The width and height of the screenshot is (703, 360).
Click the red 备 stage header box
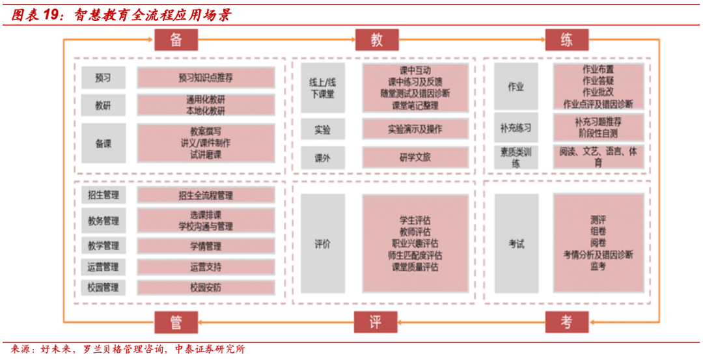click(176, 40)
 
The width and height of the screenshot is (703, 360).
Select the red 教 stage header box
click(376, 40)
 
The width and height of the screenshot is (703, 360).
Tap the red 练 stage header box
click(567, 40)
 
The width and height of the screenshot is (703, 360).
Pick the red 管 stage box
click(176, 322)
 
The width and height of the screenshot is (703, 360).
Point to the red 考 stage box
click(567, 322)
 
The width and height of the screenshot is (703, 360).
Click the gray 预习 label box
click(103, 78)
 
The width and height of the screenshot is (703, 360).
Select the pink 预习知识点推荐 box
click(206, 78)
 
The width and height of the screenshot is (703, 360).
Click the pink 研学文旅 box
click(415, 157)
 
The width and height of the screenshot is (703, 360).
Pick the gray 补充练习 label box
click(516, 128)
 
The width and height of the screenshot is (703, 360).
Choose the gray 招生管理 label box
click(103, 195)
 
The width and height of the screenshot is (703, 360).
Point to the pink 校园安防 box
click(206, 286)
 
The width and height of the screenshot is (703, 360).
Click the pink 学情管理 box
click(206, 246)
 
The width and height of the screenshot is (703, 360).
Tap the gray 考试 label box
click(516, 244)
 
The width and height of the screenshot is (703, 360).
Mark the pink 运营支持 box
click(206, 267)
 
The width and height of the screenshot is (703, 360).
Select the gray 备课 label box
click(103, 143)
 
